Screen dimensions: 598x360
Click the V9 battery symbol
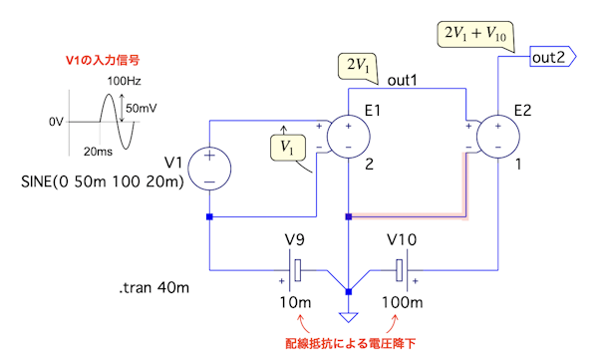tap(294, 270)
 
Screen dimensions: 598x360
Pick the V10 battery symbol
tap(403, 270)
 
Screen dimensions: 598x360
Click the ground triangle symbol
tap(348, 317)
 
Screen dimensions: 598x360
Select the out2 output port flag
tap(552, 57)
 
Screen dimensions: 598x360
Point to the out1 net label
tap(403, 80)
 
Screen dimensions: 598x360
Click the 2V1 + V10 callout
tap(475, 35)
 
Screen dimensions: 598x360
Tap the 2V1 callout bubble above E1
tap(359, 66)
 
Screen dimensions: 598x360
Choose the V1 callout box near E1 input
tap(288, 148)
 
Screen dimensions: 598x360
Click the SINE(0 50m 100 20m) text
tap(103, 181)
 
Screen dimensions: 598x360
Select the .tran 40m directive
tap(153, 287)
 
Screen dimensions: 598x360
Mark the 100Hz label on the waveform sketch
tap(124, 81)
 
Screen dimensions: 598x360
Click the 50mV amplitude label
tap(142, 109)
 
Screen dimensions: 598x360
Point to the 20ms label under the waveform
tap(98, 152)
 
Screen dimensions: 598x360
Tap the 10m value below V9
tap(295, 303)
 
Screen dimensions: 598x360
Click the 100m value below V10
tap(403, 303)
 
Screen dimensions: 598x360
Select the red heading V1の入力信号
tap(103, 60)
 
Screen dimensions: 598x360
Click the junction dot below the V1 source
tap(209, 216)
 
